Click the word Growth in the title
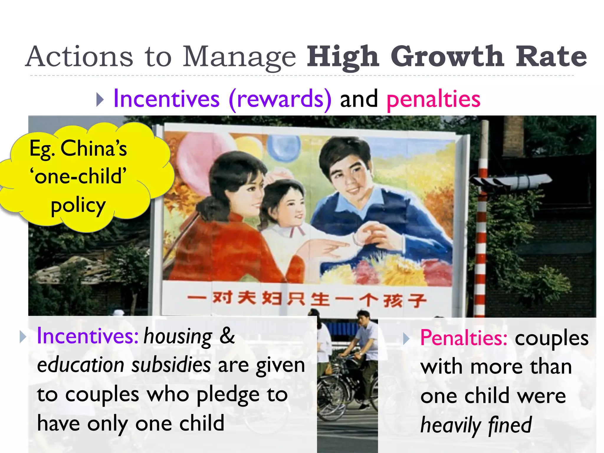447,57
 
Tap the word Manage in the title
239,57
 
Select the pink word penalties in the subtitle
433,99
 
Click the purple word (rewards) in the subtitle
280,99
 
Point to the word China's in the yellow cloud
93,148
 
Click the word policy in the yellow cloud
78,206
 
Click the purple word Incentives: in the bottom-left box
87,336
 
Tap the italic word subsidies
171,365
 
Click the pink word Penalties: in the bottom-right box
463,338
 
